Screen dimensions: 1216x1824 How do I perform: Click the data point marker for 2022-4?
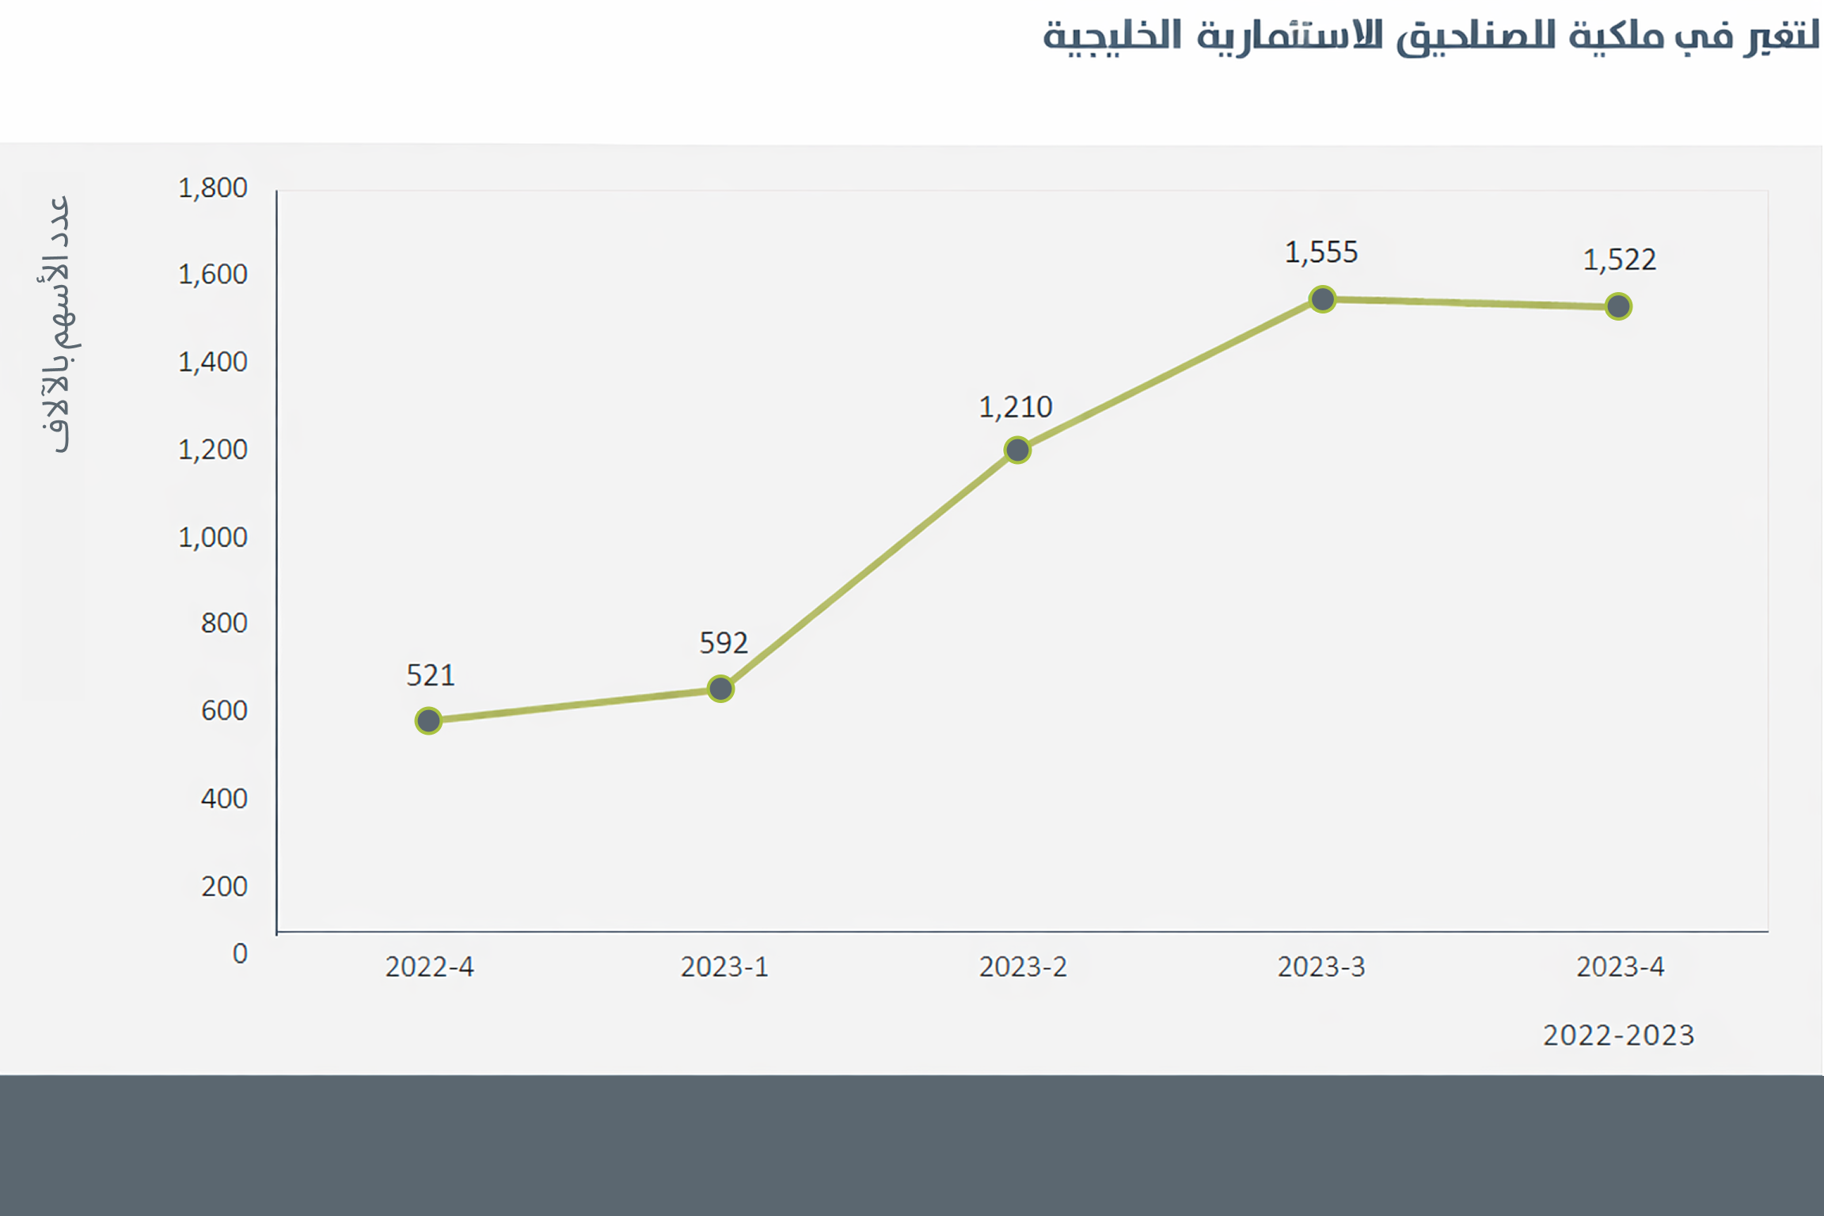428,720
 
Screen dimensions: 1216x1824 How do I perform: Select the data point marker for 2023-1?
720,689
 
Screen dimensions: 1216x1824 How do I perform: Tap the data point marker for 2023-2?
1017,450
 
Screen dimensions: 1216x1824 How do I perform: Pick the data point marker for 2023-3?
1322,299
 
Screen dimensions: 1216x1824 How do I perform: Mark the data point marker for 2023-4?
1618,306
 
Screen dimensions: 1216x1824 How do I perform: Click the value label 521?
431,675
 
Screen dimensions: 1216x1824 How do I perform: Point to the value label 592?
724,643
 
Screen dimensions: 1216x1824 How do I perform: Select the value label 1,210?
1016,408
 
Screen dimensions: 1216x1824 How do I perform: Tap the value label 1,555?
1321,253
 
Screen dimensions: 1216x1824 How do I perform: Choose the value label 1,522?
1619,260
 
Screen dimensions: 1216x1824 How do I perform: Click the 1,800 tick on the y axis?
213,188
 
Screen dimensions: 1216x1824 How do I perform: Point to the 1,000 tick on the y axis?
213,538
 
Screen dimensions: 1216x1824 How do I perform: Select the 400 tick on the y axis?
224,798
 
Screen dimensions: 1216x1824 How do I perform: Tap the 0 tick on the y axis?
240,953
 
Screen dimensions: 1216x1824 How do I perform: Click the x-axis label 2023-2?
1023,967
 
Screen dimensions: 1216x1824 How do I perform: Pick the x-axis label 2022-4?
429,967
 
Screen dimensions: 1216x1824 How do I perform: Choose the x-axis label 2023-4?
1620,967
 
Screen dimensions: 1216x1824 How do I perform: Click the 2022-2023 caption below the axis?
1618,1035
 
